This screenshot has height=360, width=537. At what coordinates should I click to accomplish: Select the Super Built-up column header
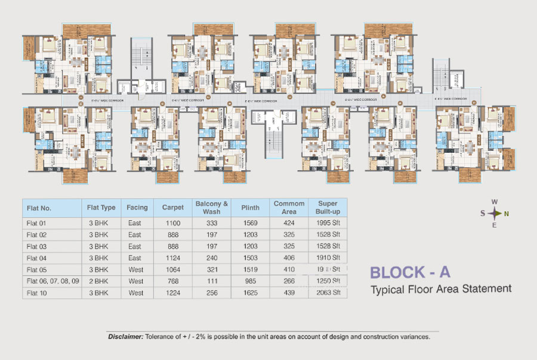point(328,208)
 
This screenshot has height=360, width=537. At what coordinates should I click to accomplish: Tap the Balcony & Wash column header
point(212,208)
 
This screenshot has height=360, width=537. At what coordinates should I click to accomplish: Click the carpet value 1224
point(173,293)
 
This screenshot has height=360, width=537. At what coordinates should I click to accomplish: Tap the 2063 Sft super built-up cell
point(328,293)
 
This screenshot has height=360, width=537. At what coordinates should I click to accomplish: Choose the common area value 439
point(289,293)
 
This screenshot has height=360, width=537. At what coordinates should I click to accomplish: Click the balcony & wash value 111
point(212,281)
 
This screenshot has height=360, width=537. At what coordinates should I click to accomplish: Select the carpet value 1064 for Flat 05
point(173,269)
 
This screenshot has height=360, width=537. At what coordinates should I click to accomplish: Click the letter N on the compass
point(506,214)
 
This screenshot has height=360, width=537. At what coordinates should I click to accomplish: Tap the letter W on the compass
point(495,202)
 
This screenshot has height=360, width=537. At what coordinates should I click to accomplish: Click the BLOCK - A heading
point(410,272)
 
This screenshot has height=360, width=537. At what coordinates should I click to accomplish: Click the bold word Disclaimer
point(125,337)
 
